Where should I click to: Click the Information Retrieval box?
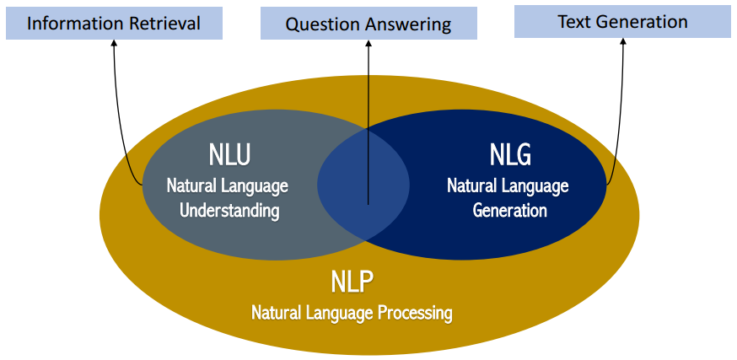[x=114, y=23]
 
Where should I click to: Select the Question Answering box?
[x=368, y=23]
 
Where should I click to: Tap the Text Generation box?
[x=622, y=22]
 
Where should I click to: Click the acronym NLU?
[x=229, y=155]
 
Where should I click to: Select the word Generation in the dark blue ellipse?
[x=509, y=211]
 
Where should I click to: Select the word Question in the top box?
[x=319, y=24]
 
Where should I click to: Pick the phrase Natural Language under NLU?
[x=228, y=185]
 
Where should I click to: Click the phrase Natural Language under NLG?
[x=508, y=185]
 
